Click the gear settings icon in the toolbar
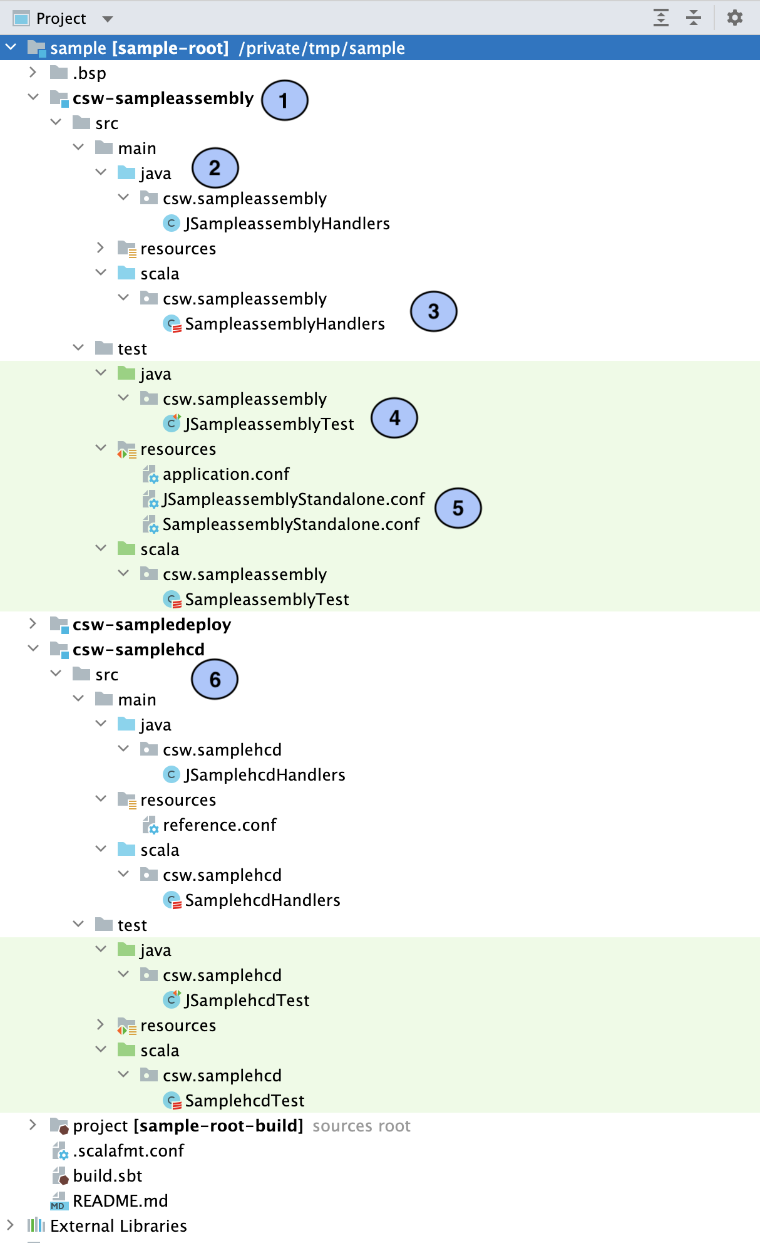[x=734, y=18]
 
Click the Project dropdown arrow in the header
[x=108, y=19]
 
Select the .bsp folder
[x=89, y=73]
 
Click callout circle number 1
[x=284, y=100]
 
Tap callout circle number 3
[x=433, y=311]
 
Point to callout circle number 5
[x=458, y=508]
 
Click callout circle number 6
[x=215, y=679]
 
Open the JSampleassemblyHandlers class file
[x=287, y=224]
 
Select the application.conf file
[x=226, y=474]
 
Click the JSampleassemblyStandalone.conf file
[x=293, y=499]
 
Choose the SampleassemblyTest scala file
[x=267, y=600]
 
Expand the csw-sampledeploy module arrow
[x=33, y=624]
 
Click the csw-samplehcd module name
[x=138, y=650]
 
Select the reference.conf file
[x=219, y=825]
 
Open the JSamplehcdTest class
[x=247, y=1001]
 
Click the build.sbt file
[x=107, y=1176]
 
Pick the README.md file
[x=120, y=1201]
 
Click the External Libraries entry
[x=118, y=1226]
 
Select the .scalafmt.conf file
[x=128, y=1151]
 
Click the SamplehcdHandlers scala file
[x=262, y=900]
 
